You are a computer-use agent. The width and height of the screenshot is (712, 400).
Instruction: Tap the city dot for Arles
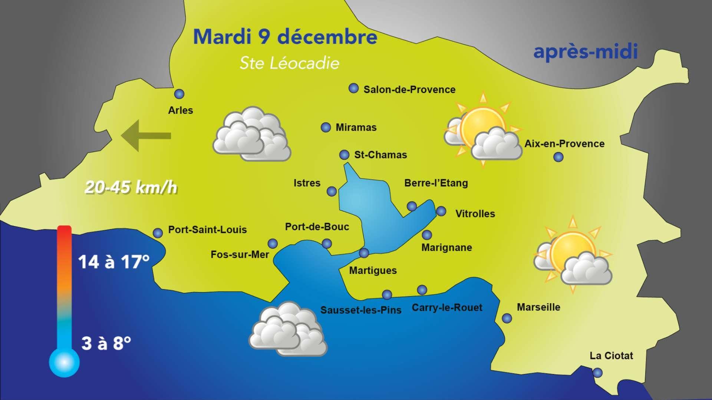click(179, 94)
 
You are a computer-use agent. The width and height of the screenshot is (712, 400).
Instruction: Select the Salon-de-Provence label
click(409, 90)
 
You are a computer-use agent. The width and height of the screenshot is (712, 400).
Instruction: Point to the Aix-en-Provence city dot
click(558, 157)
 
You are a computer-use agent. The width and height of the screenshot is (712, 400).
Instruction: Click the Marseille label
click(538, 307)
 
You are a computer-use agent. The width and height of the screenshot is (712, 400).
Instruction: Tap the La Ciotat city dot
click(597, 373)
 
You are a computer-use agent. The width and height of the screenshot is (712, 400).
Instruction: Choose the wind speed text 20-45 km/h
click(131, 188)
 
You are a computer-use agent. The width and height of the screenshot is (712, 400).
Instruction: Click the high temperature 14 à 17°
click(113, 262)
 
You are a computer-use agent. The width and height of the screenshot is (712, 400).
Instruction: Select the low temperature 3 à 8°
click(106, 343)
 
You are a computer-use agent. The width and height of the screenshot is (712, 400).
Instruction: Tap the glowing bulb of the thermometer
click(65, 362)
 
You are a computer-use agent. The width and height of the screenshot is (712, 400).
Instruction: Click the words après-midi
click(585, 52)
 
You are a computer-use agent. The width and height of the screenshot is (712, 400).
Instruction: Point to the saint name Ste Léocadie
click(289, 63)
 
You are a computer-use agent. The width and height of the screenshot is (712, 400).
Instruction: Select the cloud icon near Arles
click(252, 134)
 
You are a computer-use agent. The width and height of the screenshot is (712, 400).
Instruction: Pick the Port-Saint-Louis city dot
click(158, 233)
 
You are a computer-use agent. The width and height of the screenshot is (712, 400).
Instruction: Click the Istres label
click(307, 183)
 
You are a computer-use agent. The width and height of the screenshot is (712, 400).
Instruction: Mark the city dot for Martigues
click(364, 253)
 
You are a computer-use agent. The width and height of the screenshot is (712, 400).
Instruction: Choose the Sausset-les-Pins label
click(360, 310)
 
